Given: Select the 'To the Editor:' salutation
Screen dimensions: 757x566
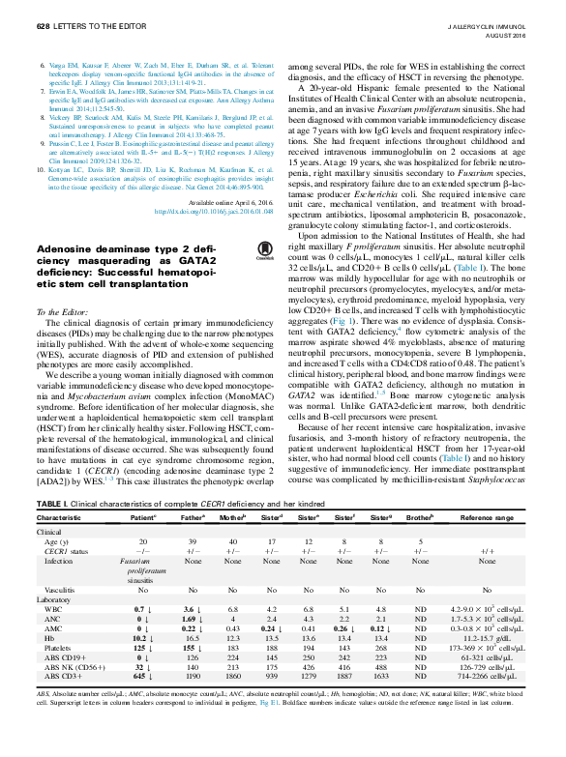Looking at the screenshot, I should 61,313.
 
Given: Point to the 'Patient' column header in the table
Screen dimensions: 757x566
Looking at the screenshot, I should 142,517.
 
